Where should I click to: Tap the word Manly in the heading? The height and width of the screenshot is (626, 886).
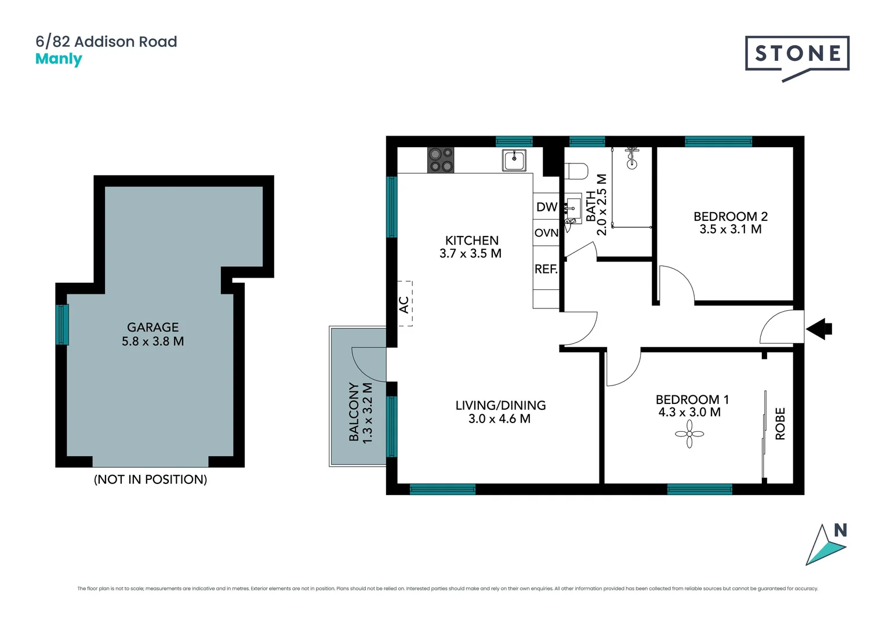pos(59,59)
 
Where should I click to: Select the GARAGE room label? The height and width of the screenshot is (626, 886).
pos(152,327)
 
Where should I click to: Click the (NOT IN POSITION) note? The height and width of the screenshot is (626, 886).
pos(150,479)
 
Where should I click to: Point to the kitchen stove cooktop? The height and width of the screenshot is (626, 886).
pos(441,160)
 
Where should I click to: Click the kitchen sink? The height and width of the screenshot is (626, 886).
pos(514,160)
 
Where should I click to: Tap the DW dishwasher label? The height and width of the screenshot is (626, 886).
pos(546,207)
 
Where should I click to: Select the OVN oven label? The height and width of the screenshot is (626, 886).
pos(546,233)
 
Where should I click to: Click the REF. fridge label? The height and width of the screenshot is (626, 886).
pos(546,269)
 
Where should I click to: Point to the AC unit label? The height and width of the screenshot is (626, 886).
pos(404,304)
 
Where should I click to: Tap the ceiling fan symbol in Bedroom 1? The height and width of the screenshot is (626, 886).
pos(689,434)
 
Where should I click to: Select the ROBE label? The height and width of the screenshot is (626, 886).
pos(780,424)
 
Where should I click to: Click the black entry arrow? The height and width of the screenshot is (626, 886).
pos(819,329)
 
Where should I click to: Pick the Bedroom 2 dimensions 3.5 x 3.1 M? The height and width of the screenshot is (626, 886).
pos(730,230)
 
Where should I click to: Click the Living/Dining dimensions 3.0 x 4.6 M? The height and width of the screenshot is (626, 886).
pos(499,418)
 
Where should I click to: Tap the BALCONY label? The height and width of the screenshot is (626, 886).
pos(354,412)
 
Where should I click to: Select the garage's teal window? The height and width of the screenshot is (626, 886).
pos(62,325)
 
